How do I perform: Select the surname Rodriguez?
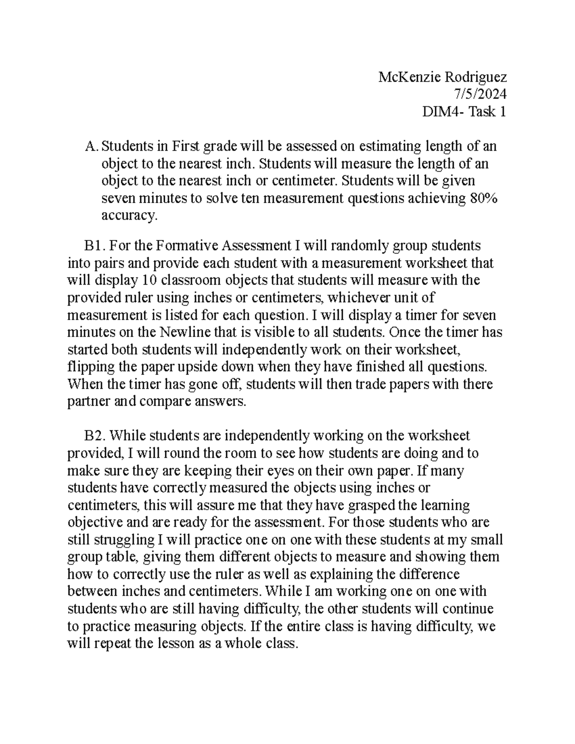(x=474, y=77)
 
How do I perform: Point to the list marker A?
(x=91, y=146)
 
